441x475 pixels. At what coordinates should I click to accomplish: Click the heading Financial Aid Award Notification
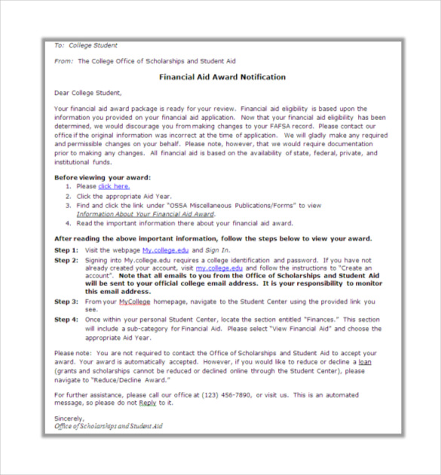pos(222,77)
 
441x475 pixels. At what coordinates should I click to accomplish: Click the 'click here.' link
pos(114,186)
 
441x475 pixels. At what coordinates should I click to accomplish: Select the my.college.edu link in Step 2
pos(219,268)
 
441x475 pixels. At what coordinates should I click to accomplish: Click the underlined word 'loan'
pos(364,362)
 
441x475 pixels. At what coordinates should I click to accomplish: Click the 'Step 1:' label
pos(66,250)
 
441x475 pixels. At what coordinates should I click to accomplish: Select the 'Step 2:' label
pos(66,260)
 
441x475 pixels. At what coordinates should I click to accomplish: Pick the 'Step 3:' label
pos(66,302)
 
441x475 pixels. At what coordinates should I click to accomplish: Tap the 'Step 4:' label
pos(66,320)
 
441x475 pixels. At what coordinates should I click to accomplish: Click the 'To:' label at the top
pos(60,45)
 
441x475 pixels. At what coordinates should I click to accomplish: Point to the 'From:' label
pos(63,60)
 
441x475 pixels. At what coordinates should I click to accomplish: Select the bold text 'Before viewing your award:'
pos(103,177)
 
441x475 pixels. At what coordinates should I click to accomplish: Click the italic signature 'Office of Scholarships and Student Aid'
pos(109,426)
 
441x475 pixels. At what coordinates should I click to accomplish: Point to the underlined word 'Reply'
pos(147,403)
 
